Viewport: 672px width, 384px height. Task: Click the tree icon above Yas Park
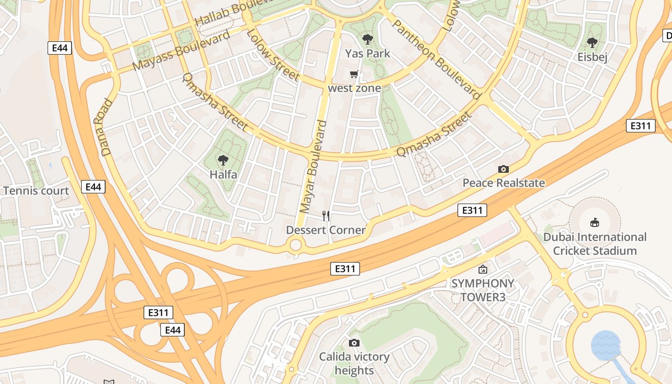coord(368,39)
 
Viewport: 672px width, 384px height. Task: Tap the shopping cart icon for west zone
coord(354,74)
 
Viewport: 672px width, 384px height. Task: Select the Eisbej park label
coord(592,58)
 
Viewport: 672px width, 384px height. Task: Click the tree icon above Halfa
coord(223,160)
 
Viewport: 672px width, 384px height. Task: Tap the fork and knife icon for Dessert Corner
coord(326,216)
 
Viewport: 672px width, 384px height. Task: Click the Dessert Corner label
coord(326,230)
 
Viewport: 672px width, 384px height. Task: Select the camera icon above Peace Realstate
coord(503,169)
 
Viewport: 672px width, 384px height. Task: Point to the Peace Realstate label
coord(504,183)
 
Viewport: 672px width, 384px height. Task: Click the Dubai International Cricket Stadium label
coord(595,244)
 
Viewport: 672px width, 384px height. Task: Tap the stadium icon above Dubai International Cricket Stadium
coord(595,222)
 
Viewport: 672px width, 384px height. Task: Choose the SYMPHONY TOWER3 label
coord(482,290)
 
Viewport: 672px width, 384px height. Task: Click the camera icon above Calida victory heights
coord(354,343)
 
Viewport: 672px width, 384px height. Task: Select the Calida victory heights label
coord(354,364)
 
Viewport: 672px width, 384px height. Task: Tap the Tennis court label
coord(36,191)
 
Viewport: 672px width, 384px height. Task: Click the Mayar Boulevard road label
coord(313,167)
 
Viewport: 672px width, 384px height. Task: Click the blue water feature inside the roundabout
coord(606,345)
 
